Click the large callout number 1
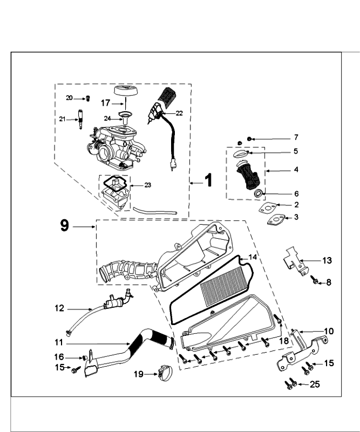point(208,180)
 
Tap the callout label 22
point(179,113)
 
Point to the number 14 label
point(253,257)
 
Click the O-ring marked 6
point(258,193)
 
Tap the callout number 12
point(59,309)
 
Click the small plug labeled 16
point(85,357)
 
